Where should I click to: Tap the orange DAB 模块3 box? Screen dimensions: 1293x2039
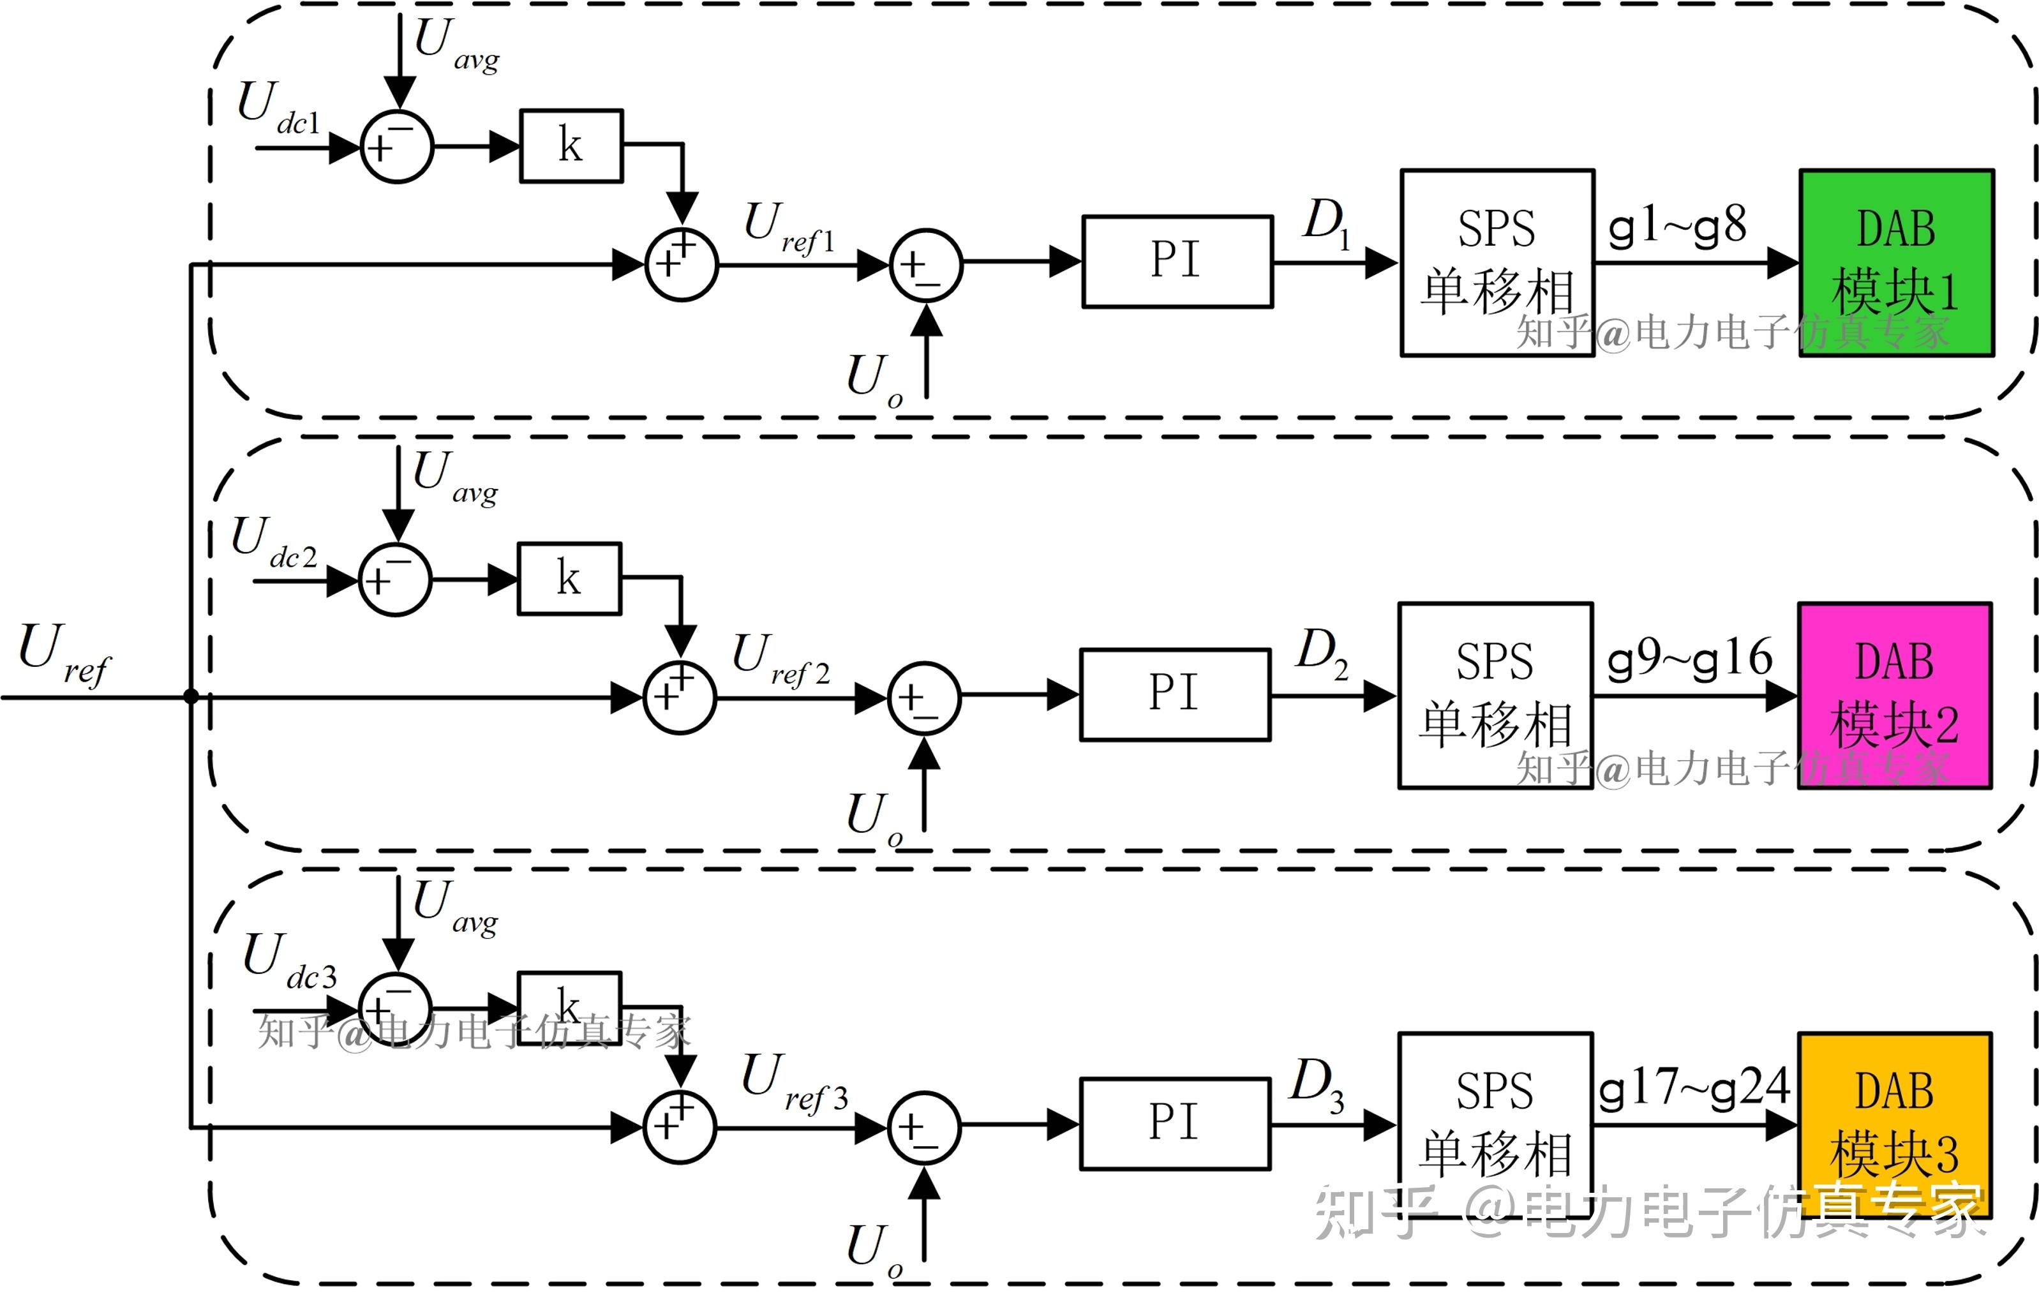[1894, 1125]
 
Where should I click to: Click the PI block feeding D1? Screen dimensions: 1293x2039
[1177, 262]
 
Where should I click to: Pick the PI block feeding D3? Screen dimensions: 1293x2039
[1174, 1124]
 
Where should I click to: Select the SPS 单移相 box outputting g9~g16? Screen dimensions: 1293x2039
[1495, 695]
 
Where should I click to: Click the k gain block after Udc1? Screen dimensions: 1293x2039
[571, 146]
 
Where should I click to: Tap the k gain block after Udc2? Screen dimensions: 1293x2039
[569, 578]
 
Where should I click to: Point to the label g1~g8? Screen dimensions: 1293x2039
[1677, 227]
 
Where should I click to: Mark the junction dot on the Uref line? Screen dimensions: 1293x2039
[191, 696]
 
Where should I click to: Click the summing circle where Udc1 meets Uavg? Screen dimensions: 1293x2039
[396, 147]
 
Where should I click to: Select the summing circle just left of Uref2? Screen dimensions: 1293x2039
[680, 697]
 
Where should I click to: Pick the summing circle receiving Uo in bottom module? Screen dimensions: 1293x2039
[924, 1126]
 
